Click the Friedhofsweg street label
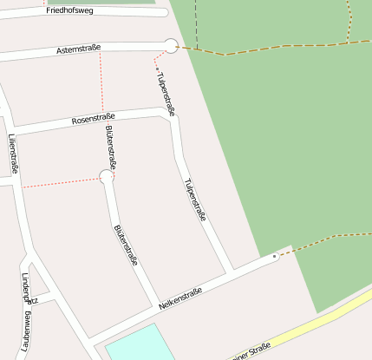click(70, 10)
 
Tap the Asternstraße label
click(79, 51)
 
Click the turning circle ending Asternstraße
click(171, 46)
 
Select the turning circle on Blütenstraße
click(107, 177)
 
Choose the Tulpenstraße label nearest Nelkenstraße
click(195, 200)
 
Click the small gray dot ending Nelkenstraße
click(275, 257)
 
